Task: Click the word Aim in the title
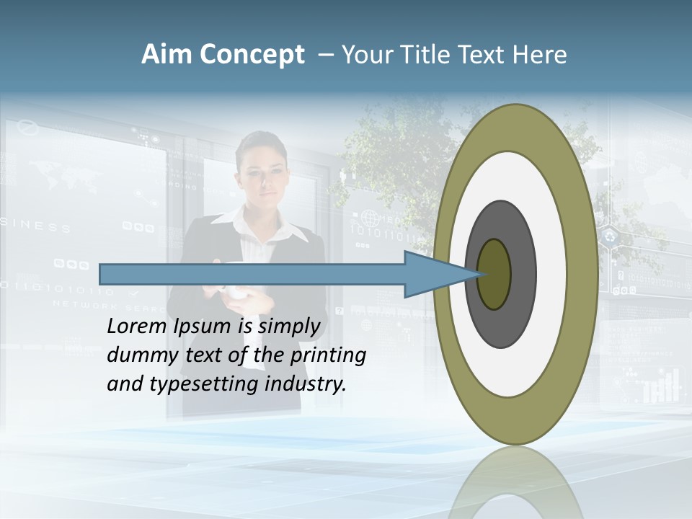(167, 55)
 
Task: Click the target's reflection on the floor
(515, 487)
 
